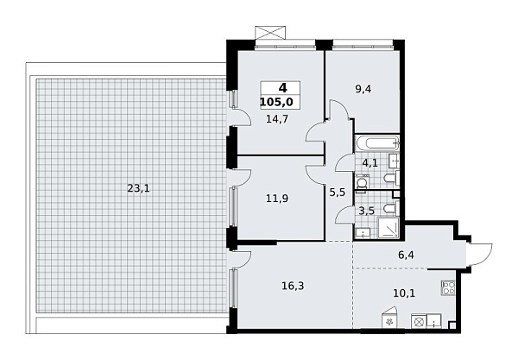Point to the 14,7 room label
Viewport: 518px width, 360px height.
[275, 120]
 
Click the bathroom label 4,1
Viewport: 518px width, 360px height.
[370, 162]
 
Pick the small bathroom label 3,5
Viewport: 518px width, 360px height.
[366, 209]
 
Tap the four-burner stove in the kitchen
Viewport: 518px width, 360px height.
[449, 288]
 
